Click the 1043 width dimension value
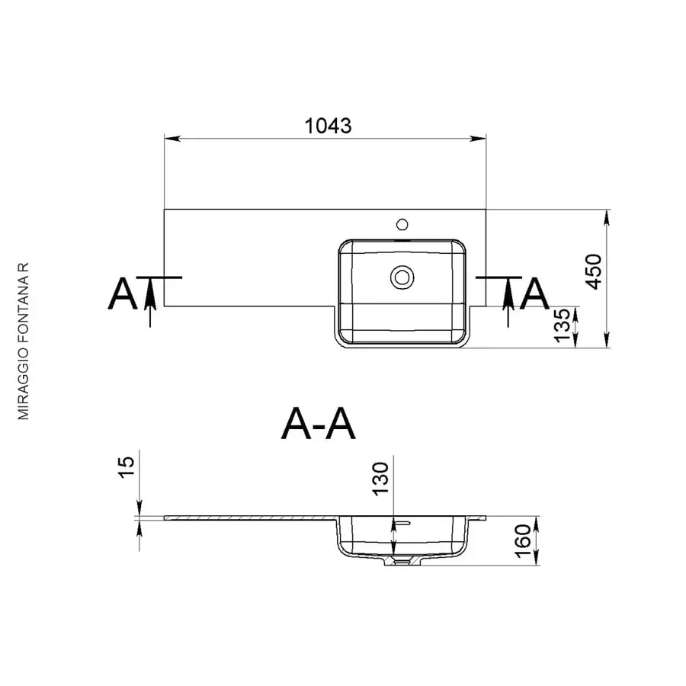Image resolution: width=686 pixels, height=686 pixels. coord(328,126)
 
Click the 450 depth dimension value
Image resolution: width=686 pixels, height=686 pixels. coord(594,271)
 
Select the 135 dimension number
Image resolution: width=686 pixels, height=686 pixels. coord(563,325)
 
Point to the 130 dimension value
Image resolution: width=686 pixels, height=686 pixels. coord(380,479)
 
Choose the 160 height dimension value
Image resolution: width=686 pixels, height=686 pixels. coord(523,541)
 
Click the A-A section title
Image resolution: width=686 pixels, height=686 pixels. coord(318,424)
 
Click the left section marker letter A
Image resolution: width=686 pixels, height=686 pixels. coord(122,293)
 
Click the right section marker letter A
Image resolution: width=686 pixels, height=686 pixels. coord(534,293)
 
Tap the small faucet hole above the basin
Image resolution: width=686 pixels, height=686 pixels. coord(402,225)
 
